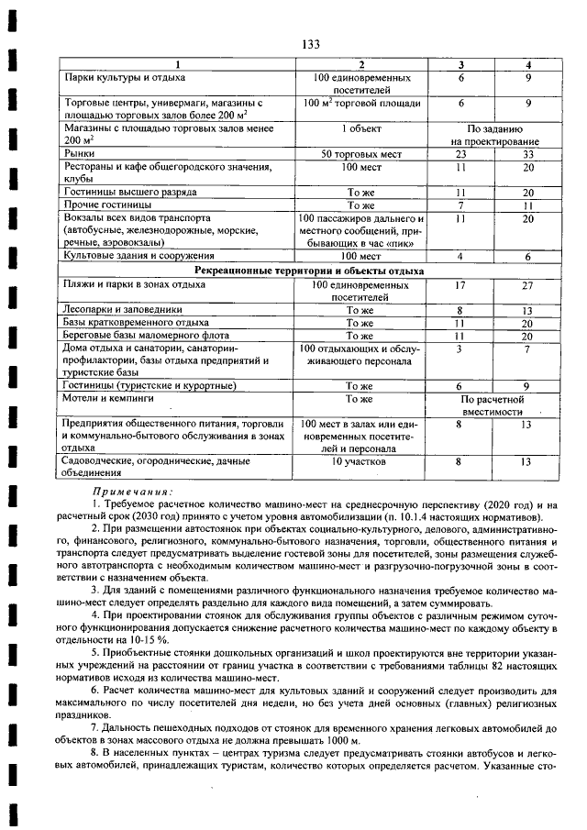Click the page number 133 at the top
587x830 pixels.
pyautogui.click(x=310, y=45)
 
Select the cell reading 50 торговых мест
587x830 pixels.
pyautogui.click(x=360, y=155)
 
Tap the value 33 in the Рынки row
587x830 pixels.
pyautogui.click(x=527, y=155)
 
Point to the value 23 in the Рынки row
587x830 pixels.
pyautogui.click(x=461, y=155)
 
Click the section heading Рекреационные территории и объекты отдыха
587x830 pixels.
pyautogui.click(x=309, y=271)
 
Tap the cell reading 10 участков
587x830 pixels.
pyautogui.click(x=360, y=461)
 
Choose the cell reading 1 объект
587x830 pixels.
pyautogui.click(x=360, y=129)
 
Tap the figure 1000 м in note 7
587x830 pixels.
pyautogui.click(x=345, y=740)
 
